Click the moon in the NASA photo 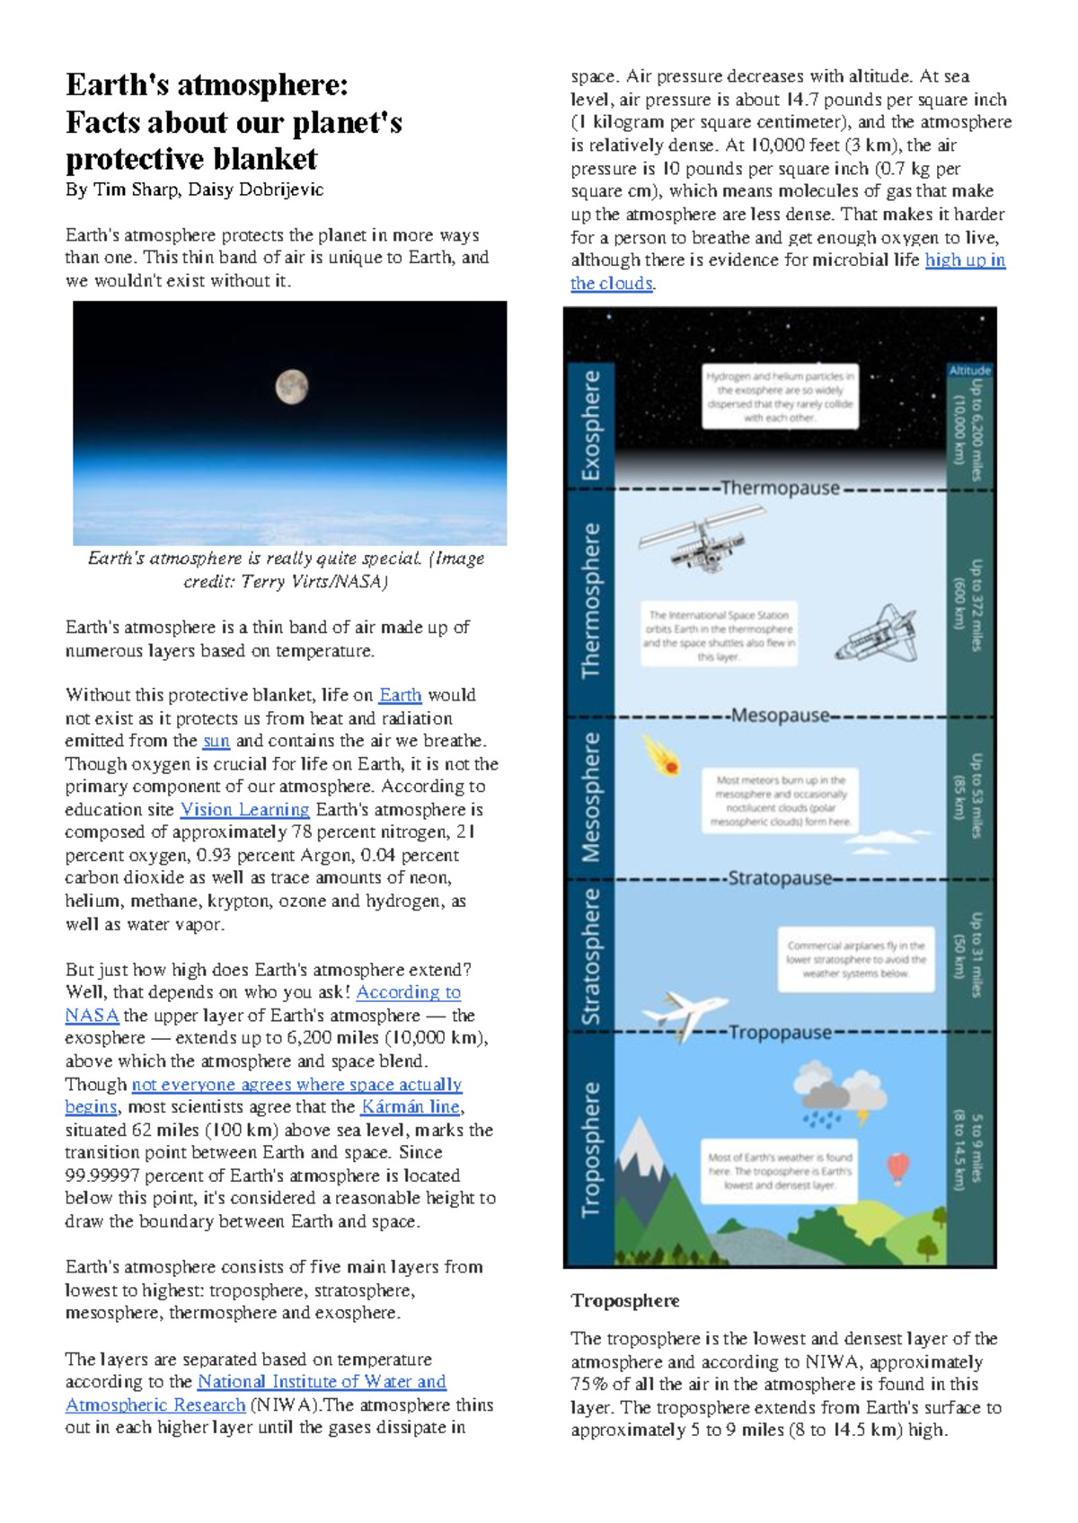point(291,387)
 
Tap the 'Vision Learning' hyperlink point(244,809)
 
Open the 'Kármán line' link point(411,1107)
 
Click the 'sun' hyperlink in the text point(216,741)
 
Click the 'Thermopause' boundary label point(780,489)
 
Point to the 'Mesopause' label point(780,716)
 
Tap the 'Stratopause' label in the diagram point(780,878)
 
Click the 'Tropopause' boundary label point(780,1033)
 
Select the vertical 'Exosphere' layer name point(590,425)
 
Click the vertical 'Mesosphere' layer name point(590,797)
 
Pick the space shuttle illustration point(877,634)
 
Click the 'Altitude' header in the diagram point(969,370)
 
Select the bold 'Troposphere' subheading point(625,1300)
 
